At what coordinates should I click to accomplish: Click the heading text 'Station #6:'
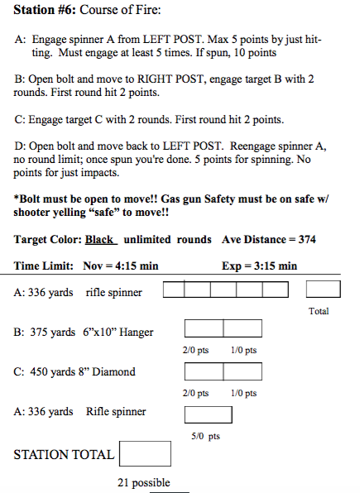(x=45, y=10)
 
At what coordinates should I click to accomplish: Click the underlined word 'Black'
(x=99, y=240)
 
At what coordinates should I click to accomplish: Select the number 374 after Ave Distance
(x=307, y=240)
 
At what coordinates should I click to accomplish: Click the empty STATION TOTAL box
(x=145, y=453)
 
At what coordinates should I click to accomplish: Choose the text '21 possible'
(x=144, y=482)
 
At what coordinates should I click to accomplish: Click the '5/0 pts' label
(x=205, y=437)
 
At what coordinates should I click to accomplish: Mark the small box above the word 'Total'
(x=324, y=289)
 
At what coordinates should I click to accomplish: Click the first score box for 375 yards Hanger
(x=204, y=328)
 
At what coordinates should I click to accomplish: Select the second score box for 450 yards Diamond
(x=242, y=371)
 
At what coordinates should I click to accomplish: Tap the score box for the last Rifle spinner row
(x=209, y=414)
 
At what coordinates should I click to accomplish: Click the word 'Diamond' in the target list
(x=113, y=371)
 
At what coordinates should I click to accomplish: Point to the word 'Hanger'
(x=137, y=333)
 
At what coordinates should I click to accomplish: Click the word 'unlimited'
(x=147, y=240)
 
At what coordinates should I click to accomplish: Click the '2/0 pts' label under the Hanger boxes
(x=195, y=350)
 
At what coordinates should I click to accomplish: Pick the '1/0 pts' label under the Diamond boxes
(x=243, y=394)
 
